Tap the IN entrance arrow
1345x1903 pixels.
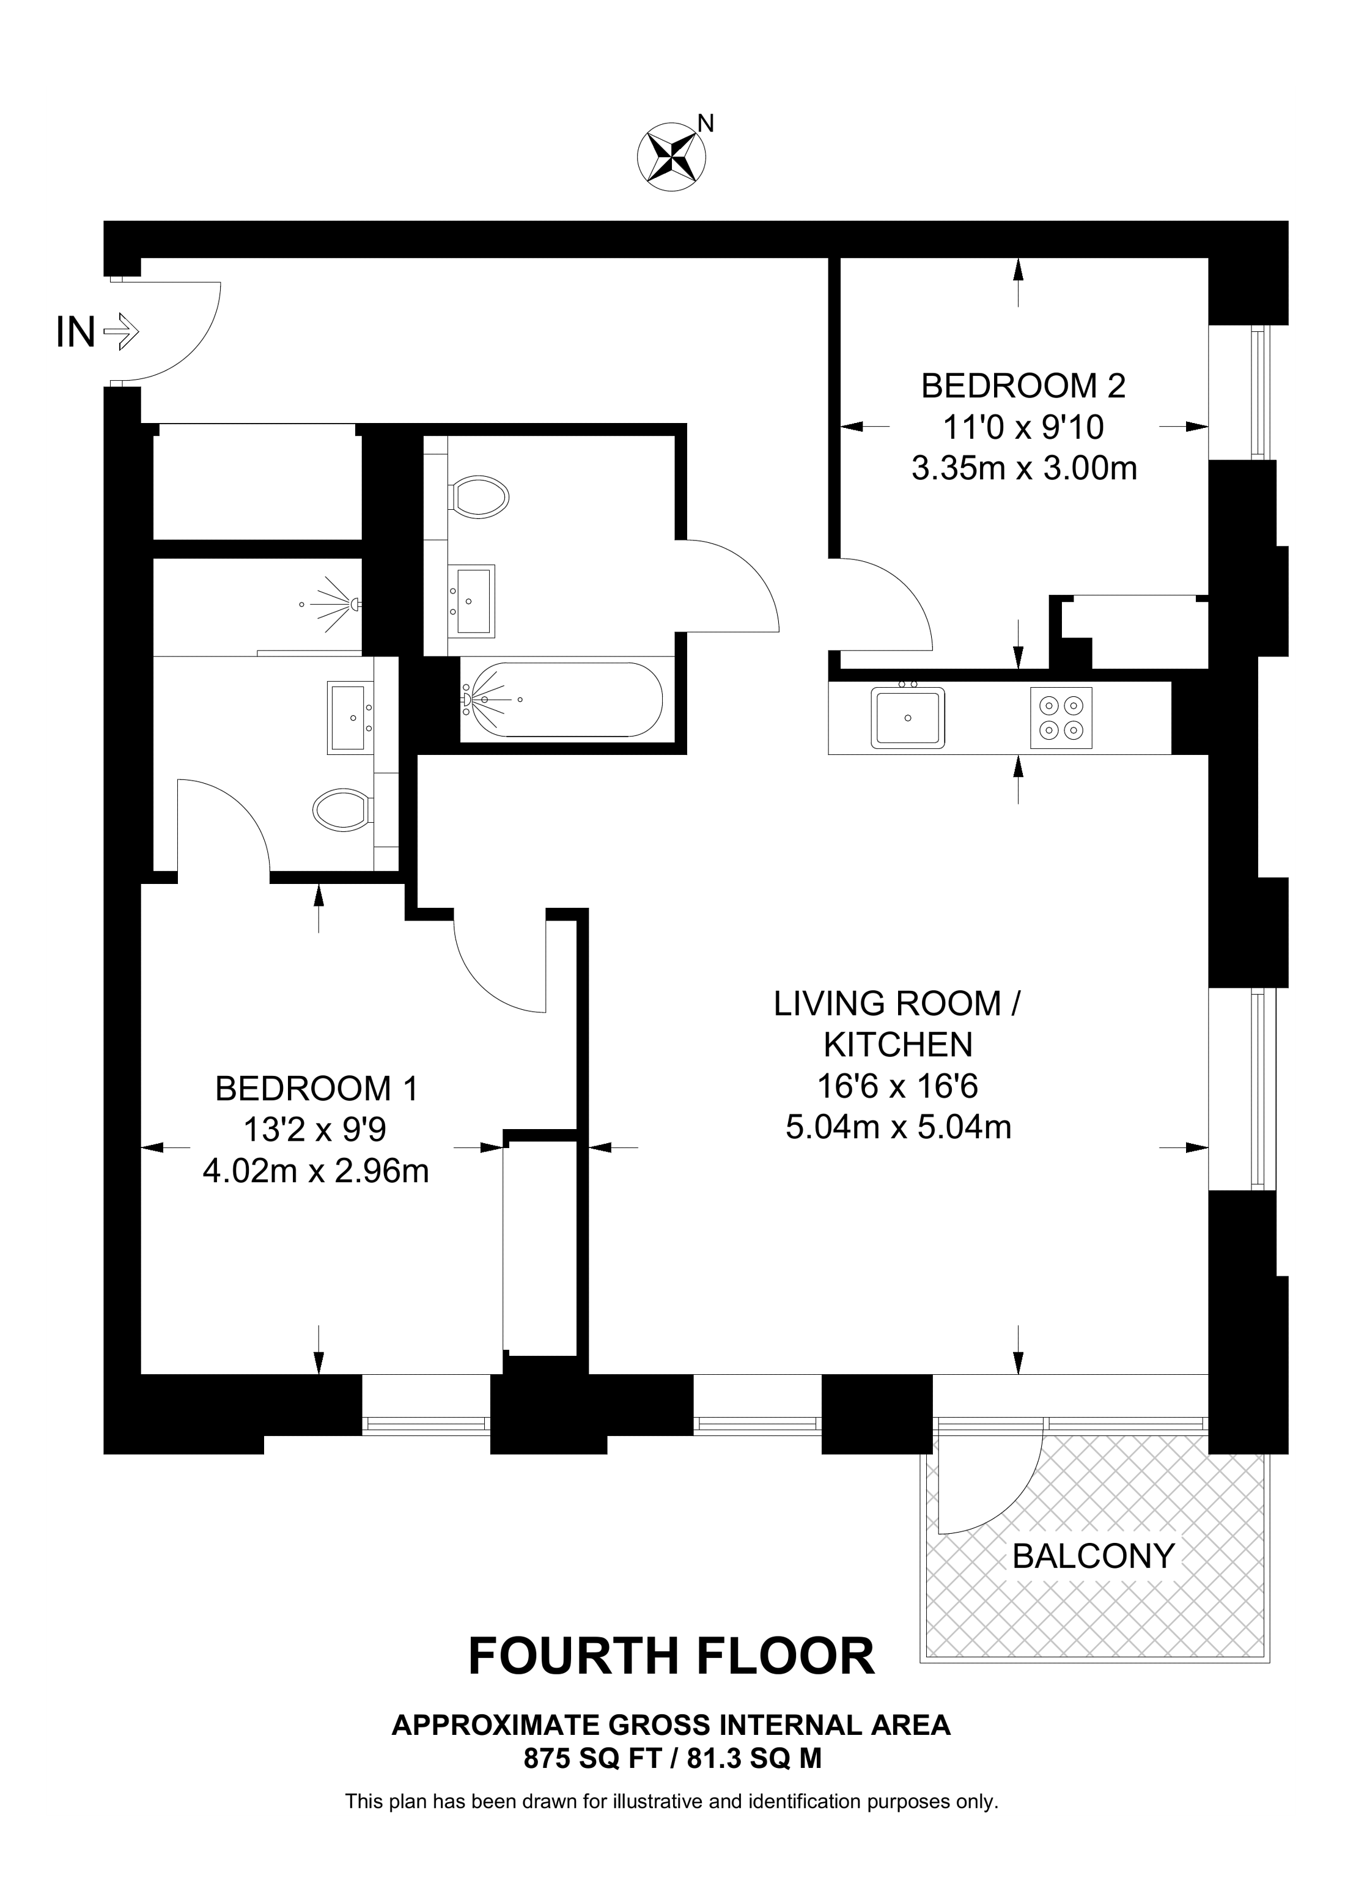121,333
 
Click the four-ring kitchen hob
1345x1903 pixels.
1061,718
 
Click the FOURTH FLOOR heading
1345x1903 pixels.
671,1657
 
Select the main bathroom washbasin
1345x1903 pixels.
473,600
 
